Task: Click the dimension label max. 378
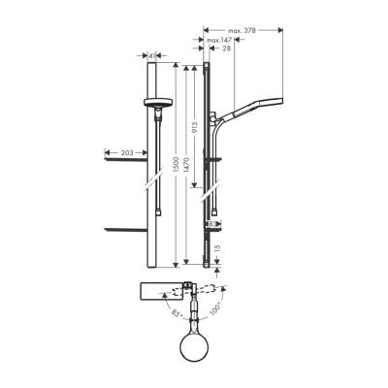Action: [243, 30]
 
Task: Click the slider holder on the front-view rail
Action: [158, 103]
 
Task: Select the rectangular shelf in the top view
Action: [160, 290]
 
